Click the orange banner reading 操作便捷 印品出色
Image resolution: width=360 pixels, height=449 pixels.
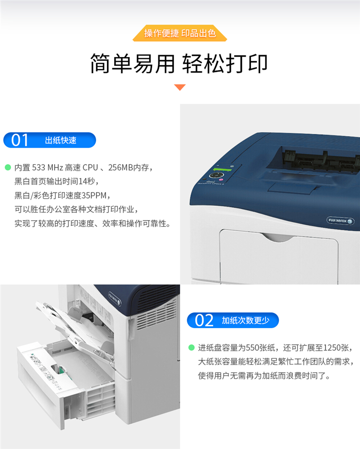(x=180, y=33)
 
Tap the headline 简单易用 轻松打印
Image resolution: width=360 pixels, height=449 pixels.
(x=179, y=64)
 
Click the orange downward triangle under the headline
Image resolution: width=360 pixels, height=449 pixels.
(x=180, y=87)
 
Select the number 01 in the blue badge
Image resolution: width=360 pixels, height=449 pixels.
(x=20, y=140)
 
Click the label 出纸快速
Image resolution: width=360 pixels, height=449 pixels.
(x=60, y=140)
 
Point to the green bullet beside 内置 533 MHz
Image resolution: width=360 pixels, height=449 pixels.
(x=8, y=167)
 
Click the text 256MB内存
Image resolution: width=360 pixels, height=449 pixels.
(x=129, y=167)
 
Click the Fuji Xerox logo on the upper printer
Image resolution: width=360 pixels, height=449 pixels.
(x=340, y=221)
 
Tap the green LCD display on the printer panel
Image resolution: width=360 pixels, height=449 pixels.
(x=222, y=169)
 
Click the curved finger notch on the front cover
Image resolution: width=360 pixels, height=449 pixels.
(x=278, y=237)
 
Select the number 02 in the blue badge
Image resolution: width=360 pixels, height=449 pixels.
(x=204, y=320)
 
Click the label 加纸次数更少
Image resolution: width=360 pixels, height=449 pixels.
(x=245, y=320)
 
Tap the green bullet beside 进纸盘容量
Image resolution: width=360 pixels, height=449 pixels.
(x=192, y=347)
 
